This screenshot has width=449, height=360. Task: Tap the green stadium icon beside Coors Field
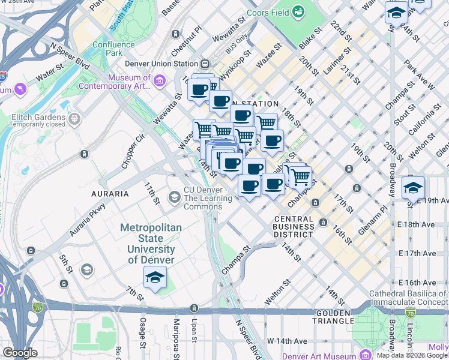pos(298,11)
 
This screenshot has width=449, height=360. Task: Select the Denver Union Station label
pos(161,64)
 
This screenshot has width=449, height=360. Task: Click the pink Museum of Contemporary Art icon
pos(159,80)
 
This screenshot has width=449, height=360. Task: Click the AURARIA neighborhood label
pos(110,194)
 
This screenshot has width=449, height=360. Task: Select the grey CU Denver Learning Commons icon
pos(174,197)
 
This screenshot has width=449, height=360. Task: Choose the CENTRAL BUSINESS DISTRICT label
pos(293,227)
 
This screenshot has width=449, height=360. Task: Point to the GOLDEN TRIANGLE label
pos(333,317)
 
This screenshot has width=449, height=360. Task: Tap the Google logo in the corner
pos(20,352)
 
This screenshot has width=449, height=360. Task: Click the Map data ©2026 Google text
pos(412,355)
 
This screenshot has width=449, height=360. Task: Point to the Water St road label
pos(53,77)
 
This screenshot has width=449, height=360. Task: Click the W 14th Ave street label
pos(287,340)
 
